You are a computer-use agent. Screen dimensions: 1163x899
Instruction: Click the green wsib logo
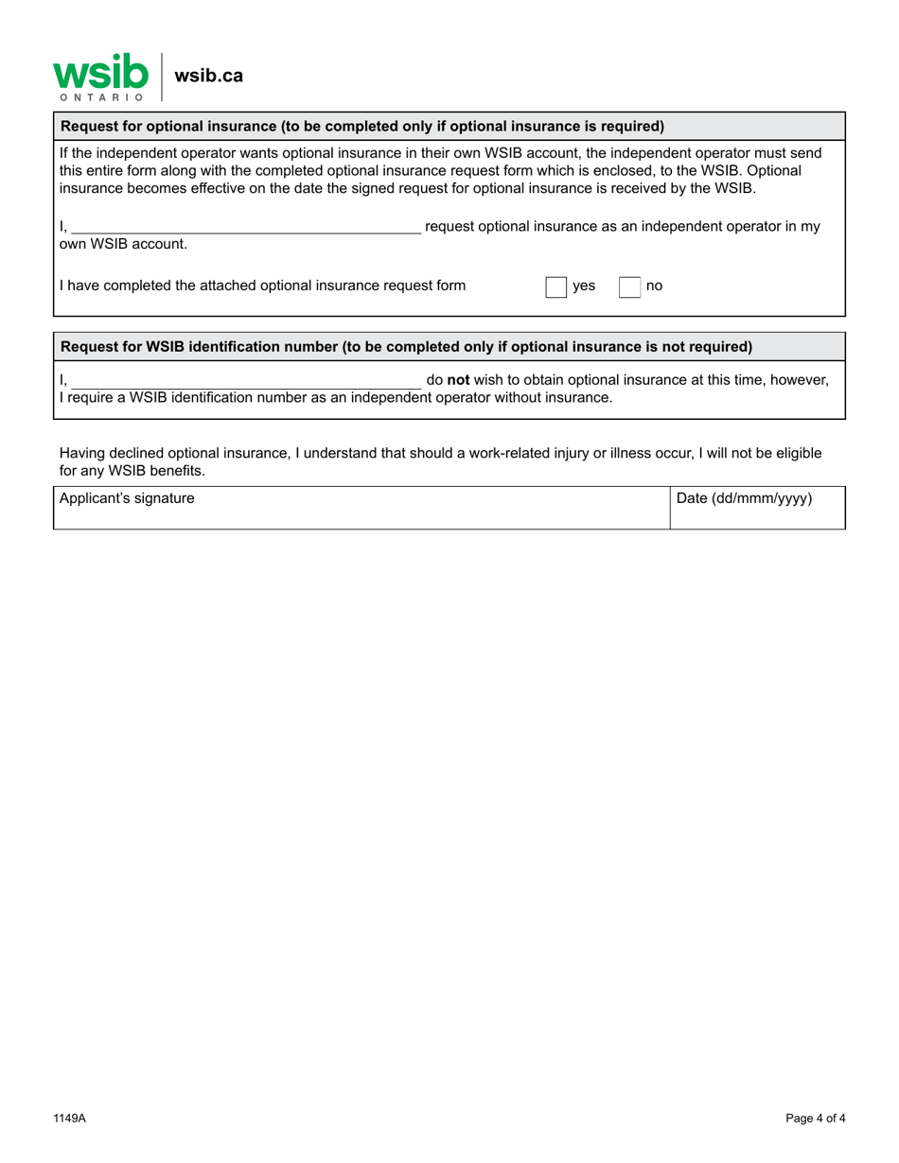click(100, 72)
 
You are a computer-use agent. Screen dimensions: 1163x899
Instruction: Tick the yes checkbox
click(555, 286)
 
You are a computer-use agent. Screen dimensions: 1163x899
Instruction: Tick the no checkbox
click(629, 286)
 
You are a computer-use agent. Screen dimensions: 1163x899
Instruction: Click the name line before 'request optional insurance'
click(246, 227)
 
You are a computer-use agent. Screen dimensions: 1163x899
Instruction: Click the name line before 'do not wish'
click(246, 380)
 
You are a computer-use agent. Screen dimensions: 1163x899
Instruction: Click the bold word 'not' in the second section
click(458, 380)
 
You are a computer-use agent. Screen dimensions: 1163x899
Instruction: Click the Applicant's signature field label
click(127, 498)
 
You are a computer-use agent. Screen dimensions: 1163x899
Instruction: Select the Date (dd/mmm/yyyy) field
click(757, 508)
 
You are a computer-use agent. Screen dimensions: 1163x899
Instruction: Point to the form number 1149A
click(69, 1119)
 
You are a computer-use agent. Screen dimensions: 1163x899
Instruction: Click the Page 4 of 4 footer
click(815, 1119)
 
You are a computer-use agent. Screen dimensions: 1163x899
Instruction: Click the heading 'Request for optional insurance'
click(362, 127)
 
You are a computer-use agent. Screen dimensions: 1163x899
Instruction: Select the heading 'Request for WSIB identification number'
click(406, 347)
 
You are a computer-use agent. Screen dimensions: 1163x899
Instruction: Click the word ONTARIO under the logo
click(101, 97)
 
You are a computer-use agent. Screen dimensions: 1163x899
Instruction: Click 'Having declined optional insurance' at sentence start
click(170, 453)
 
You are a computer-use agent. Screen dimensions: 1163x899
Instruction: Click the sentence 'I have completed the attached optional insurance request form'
click(262, 286)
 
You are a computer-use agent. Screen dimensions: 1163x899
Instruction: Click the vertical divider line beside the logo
click(163, 77)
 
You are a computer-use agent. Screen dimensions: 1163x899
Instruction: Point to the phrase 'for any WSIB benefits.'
click(132, 470)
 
